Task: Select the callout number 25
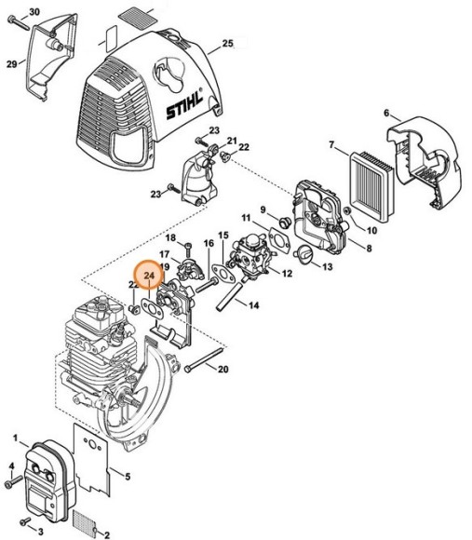point(227,44)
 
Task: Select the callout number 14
point(254,304)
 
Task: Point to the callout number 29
point(11,63)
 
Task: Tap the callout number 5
point(128,478)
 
